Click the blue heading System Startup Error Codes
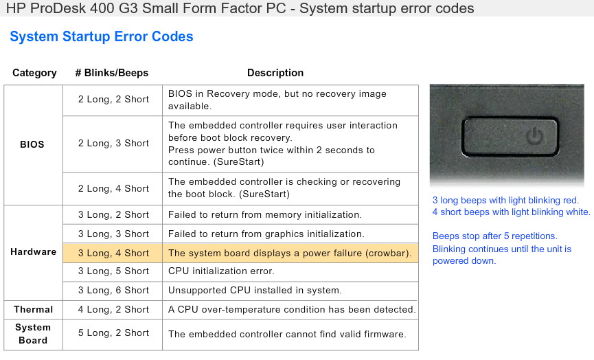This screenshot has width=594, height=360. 102,37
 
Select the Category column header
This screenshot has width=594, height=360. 34,73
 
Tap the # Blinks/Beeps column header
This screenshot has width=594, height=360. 112,73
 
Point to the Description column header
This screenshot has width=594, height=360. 275,73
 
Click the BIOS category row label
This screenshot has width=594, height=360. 32,144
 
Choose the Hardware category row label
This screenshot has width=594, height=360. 34,252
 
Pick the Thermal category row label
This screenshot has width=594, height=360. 34,310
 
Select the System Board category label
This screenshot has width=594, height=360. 33,334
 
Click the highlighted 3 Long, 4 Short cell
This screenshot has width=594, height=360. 113,253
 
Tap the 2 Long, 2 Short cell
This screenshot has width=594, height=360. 113,100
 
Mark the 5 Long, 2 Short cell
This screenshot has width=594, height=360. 113,333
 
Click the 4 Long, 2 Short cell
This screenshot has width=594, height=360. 113,310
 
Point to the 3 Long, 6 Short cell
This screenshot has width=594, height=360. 113,291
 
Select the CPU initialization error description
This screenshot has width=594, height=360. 221,271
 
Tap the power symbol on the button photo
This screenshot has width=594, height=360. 535,135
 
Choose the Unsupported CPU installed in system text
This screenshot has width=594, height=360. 255,291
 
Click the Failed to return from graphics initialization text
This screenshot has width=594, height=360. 266,234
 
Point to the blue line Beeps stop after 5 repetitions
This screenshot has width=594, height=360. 494,236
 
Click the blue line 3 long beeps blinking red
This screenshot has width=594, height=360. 505,201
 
